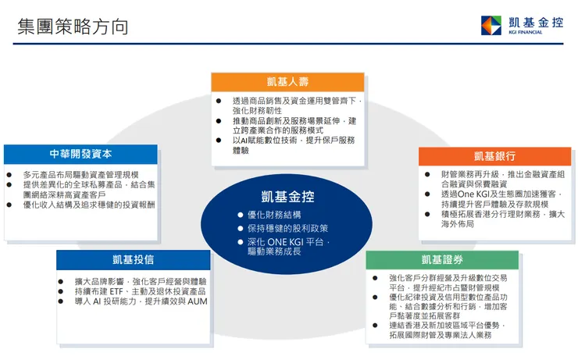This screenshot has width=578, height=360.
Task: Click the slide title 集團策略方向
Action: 73,27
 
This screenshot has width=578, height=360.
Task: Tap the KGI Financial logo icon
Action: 491,26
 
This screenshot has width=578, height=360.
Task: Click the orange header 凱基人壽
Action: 288,82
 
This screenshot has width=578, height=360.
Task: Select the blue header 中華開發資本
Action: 80,154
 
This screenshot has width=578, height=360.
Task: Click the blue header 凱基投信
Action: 133,259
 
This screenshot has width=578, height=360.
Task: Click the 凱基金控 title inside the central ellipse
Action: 288,197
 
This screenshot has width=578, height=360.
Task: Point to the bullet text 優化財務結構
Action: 274,215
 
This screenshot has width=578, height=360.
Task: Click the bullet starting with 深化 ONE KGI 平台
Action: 289,247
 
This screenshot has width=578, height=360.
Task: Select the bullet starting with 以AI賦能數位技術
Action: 294,145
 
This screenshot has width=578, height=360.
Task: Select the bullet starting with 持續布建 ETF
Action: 136,291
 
